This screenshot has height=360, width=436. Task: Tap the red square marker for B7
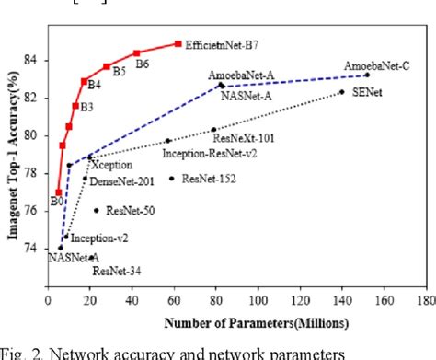(178, 43)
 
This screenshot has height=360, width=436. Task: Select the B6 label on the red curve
(143, 64)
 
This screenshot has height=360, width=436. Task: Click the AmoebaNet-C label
(377, 66)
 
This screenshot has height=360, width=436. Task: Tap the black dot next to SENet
(341, 92)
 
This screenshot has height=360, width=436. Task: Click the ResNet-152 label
(207, 179)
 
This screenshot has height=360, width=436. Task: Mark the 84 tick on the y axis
(36, 60)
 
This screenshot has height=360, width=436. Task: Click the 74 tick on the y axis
(36, 249)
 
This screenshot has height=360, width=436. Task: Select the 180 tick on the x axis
(424, 300)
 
